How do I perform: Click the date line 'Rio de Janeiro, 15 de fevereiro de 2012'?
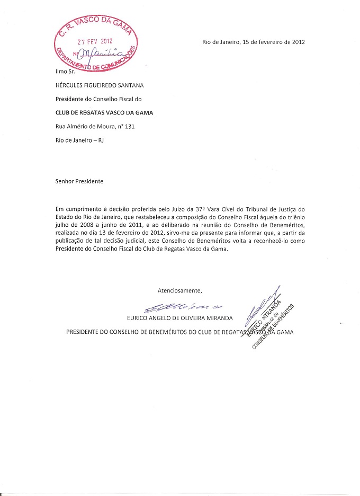point(254,42)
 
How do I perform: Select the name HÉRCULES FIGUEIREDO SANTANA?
point(99,85)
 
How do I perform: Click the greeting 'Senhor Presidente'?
point(79,181)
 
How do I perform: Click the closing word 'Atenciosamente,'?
point(180,290)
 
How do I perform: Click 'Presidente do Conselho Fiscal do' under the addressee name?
point(98,99)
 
